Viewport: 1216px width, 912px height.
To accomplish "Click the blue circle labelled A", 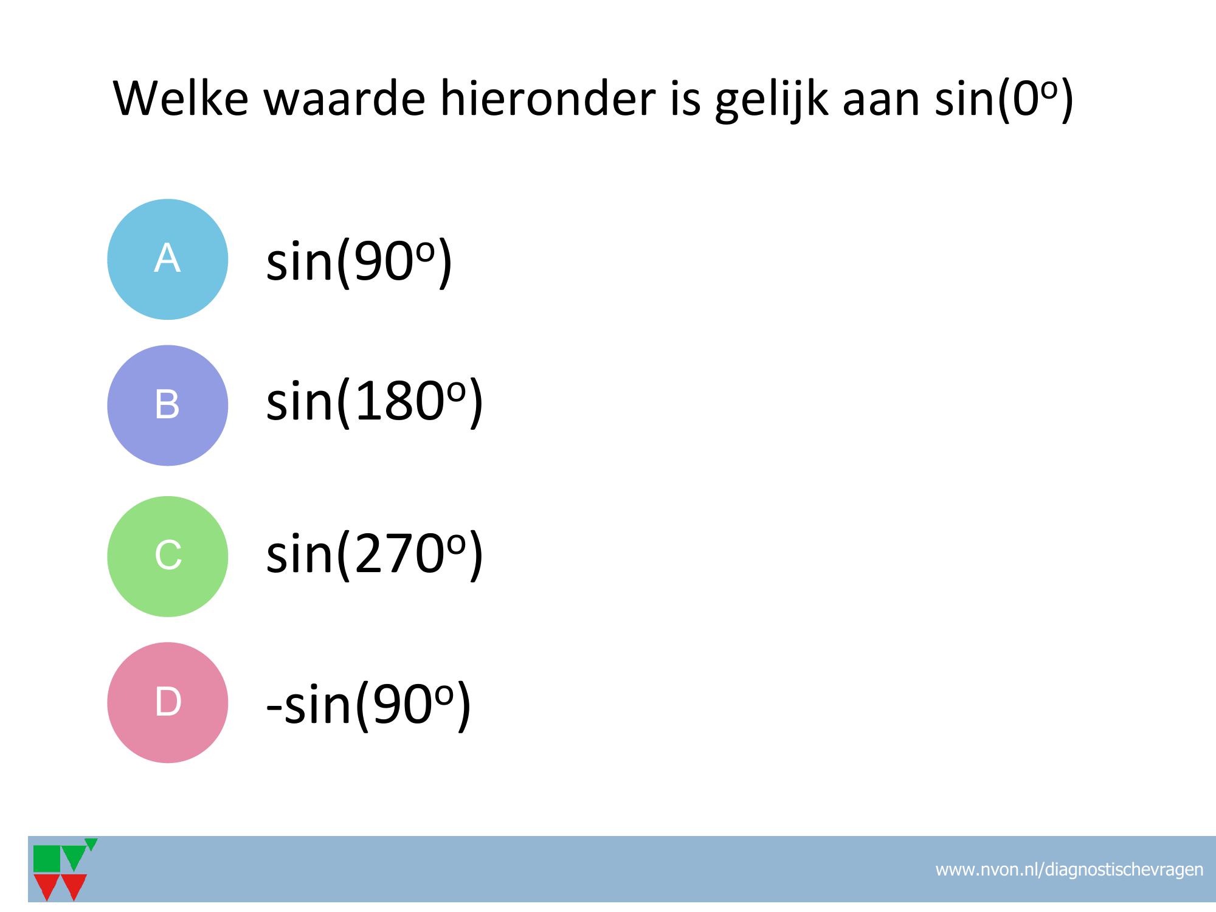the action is [168, 259].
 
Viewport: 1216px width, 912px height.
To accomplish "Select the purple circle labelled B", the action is [168, 406].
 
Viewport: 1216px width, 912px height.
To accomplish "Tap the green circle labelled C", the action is [168, 556].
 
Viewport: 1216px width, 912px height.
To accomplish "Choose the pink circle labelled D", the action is [168, 702].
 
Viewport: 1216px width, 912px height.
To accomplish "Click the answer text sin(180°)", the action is [375, 402].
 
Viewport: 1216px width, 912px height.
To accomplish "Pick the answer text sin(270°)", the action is [375, 553].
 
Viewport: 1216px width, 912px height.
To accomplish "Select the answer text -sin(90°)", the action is [369, 705].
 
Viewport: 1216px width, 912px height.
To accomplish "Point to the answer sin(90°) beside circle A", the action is [359, 261].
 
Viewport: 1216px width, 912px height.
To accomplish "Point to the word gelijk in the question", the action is [771, 100].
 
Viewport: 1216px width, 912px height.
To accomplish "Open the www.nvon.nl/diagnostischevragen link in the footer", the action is [1069, 870].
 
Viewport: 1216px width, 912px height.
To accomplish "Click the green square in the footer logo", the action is [47, 858].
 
